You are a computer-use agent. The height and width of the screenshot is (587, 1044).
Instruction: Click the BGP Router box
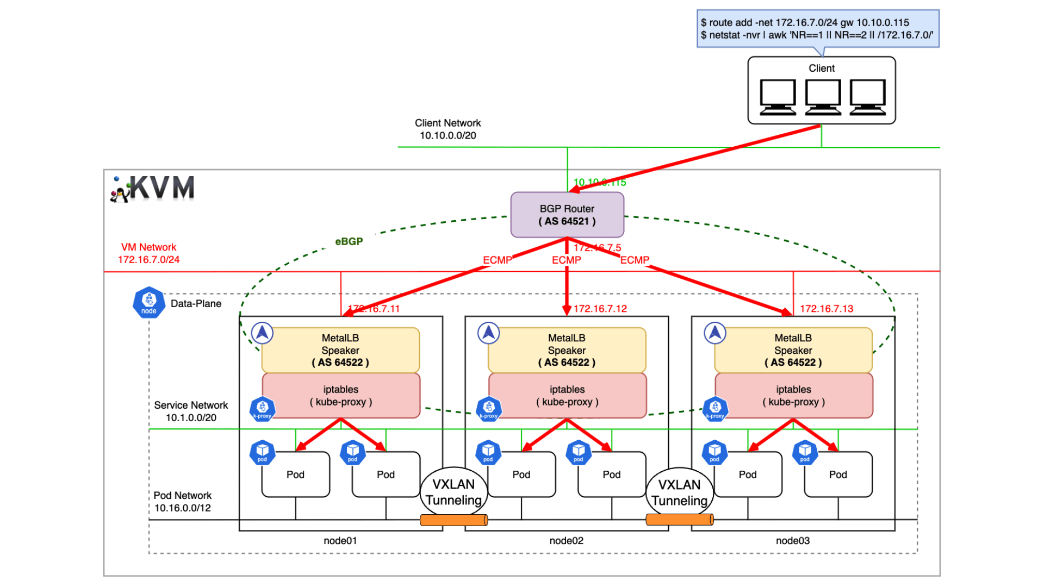pos(567,215)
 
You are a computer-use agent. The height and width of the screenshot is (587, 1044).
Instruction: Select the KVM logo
pos(153,189)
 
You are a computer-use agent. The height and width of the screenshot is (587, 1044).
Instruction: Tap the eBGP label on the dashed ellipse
pos(349,241)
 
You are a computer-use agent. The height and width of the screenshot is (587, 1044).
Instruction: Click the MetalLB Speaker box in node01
pos(340,350)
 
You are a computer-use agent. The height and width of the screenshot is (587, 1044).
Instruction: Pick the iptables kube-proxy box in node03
pos(793,396)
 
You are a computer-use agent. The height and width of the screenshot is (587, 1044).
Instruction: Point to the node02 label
pos(566,540)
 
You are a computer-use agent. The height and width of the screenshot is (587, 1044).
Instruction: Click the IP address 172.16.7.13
pos(826,309)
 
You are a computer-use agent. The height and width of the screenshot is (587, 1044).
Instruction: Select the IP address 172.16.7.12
pos(600,309)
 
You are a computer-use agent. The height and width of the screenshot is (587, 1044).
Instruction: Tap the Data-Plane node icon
pos(148,302)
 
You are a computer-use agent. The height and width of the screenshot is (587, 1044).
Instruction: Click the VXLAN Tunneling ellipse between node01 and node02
pos(453,491)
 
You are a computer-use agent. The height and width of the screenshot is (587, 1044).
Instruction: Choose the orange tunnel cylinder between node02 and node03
pos(679,520)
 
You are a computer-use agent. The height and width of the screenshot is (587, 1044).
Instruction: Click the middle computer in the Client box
pos(822,97)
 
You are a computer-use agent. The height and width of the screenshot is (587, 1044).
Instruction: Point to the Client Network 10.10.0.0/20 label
pos(448,129)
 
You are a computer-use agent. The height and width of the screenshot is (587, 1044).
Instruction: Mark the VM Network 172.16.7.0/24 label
pos(148,253)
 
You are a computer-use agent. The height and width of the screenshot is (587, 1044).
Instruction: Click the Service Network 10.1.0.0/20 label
pos(191,411)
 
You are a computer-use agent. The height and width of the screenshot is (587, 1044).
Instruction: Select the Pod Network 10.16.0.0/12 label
pos(182,502)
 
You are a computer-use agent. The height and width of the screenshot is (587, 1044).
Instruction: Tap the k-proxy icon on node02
pos(488,409)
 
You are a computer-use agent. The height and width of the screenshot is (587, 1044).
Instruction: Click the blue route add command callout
pos(817,29)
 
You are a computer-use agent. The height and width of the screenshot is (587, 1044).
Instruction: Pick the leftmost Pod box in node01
pos(295,474)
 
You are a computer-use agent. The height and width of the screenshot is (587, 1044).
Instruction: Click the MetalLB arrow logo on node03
pos(714,333)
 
